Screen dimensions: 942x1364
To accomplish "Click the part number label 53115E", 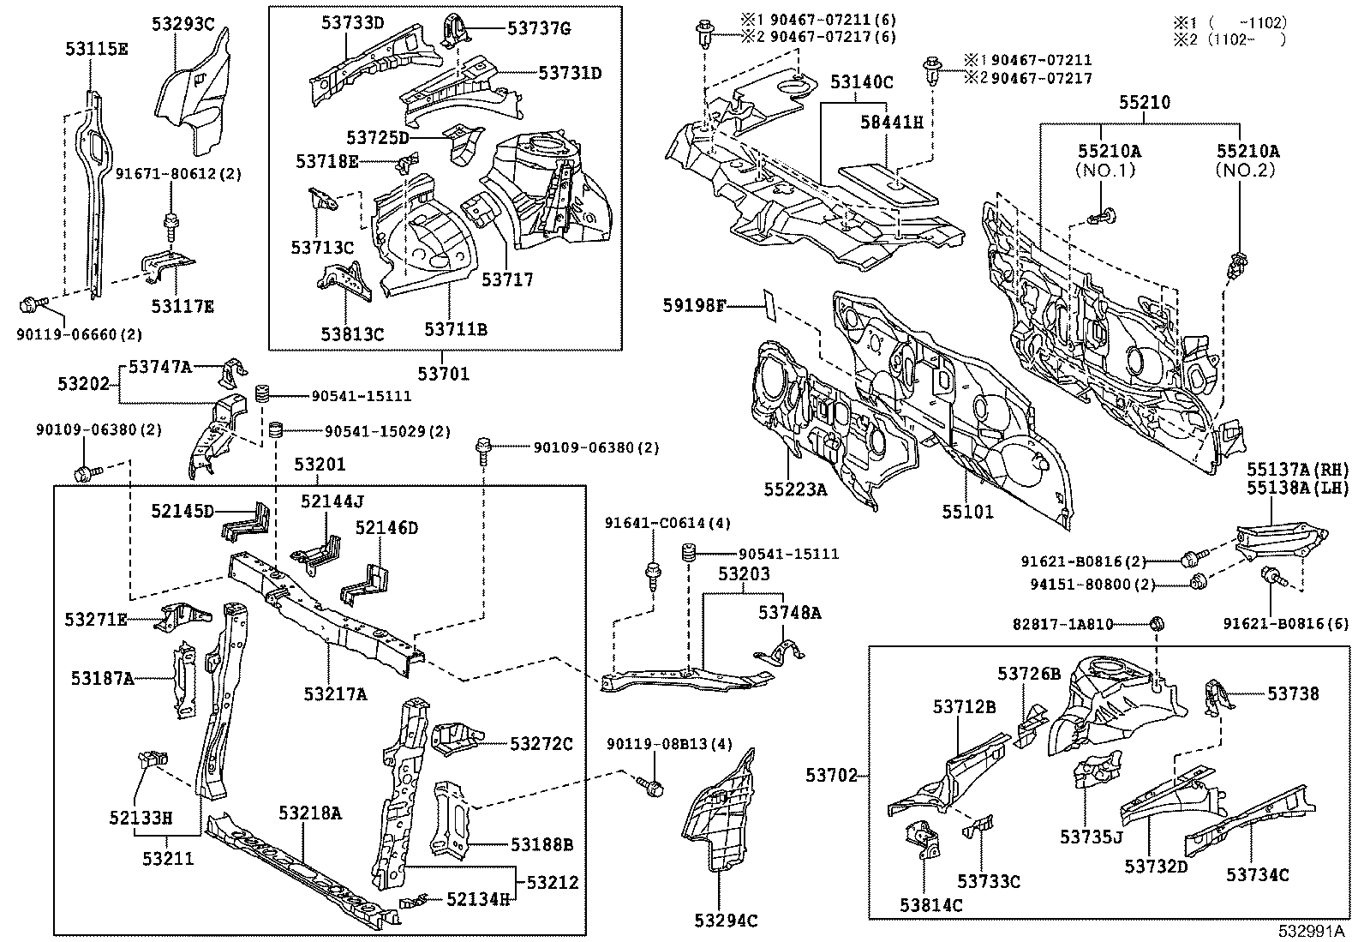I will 96,50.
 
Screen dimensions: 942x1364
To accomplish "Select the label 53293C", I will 183,24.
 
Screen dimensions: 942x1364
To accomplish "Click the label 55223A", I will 796,489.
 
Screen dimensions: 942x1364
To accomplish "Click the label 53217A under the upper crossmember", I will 334,694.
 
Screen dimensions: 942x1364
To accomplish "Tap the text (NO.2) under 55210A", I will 1247,170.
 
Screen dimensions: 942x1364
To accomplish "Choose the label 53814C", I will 930,905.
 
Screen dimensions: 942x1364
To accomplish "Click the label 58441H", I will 891,123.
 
